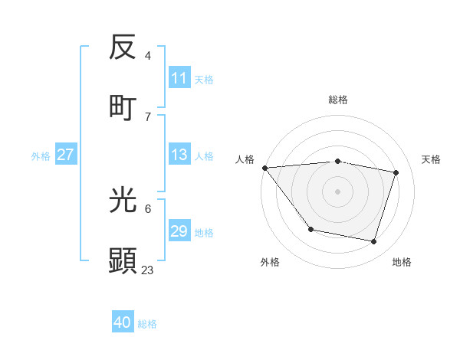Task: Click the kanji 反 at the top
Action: point(123,47)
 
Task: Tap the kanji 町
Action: point(123,107)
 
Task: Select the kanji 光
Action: point(123,201)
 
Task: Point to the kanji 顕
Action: point(123,260)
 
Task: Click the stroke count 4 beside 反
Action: point(148,56)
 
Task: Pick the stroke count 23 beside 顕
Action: point(148,270)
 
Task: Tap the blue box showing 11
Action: point(179,78)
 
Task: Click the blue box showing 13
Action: point(179,155)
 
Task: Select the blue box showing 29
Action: point(179,231)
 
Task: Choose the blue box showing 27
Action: point(65,155)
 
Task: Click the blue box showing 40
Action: point(123,322)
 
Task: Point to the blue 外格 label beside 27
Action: point(41,155)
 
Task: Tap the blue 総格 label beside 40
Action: point(147,323)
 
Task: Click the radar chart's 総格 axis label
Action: point(338,100)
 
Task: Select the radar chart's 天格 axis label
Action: point(432,159)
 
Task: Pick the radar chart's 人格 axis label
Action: point(245,159)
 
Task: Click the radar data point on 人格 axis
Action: point(264,168)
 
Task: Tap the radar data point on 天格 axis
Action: point(396,172)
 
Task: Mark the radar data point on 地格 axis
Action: point(374,241)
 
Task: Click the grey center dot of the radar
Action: point(338,191)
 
